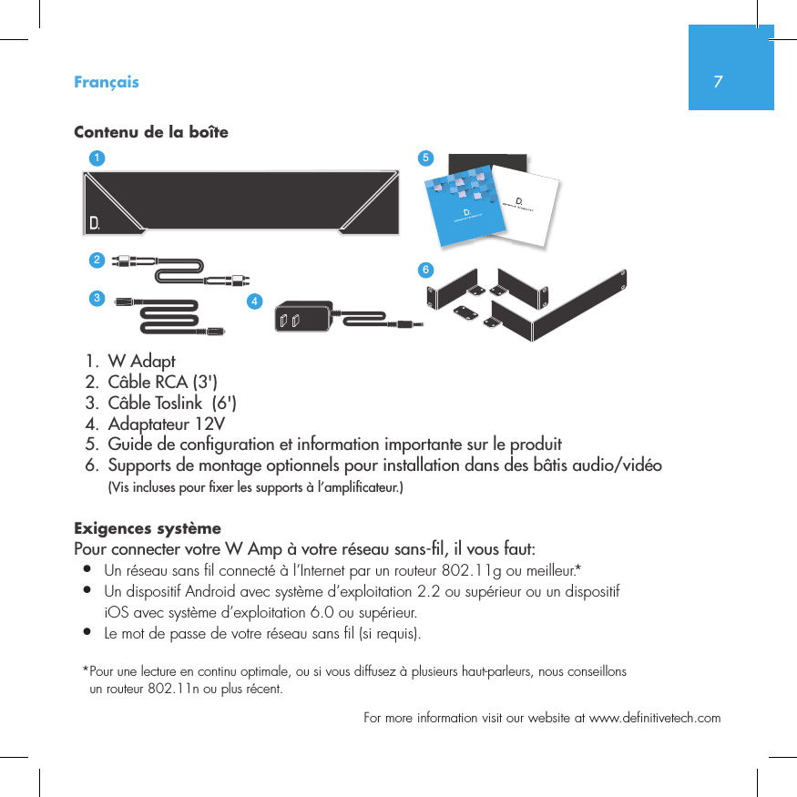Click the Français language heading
pos(107,82)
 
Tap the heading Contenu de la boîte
pos(150,133)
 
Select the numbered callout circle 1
pos(96,158)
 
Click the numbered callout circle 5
pos(424,158)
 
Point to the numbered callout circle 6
pos(424,270)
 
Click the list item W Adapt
pos(141,363)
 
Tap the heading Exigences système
pos(147,529)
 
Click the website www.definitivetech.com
pos(655,718)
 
